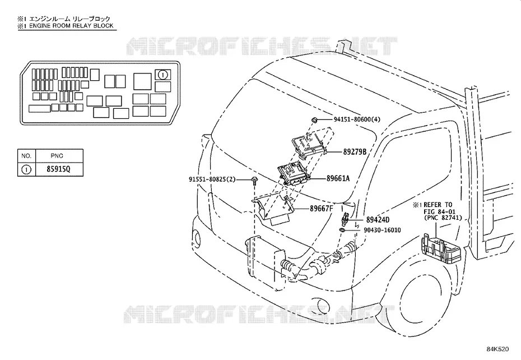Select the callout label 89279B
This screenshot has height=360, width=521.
click(355, 152)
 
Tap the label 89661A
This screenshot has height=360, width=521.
click(338, 178)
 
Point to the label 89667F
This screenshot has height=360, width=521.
click(322, 209)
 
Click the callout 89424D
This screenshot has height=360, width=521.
click(378, 220)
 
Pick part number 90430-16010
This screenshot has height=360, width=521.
click(382, 230)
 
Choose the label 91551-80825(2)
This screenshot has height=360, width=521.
click(212, 179)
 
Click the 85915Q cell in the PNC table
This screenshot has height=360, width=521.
click(58, 169)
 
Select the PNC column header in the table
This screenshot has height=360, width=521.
click(57, 156)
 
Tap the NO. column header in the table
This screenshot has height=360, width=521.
click(26, 156)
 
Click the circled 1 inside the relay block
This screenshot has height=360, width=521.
click(162, 75)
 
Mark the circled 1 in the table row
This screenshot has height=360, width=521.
click(26, 169)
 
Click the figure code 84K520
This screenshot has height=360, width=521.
click(497, 349)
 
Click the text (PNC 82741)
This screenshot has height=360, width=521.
click(443, 218)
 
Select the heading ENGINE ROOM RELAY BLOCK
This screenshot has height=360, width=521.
click(71, 26)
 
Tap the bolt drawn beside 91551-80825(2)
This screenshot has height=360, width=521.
click(254, 181)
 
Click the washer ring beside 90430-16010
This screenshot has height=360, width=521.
click(342, 230)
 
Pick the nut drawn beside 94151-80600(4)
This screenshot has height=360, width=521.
click(314, 120)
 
